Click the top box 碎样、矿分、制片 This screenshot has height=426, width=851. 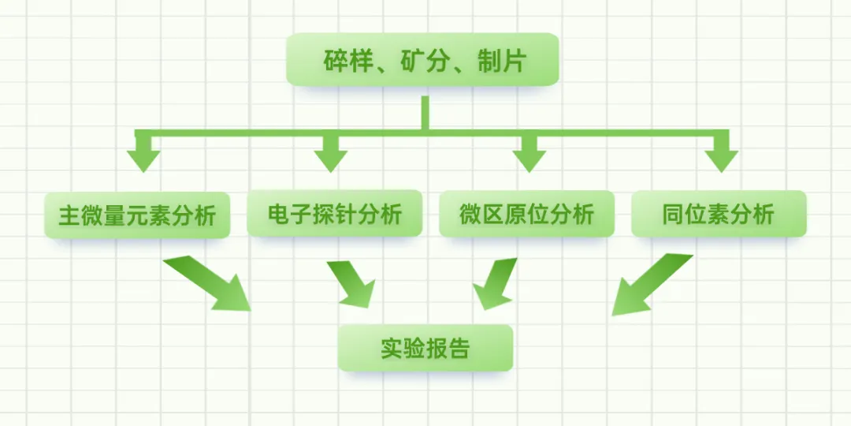pyautogui.click(x=422, y=60)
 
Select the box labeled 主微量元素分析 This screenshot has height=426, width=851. pyautogui.click(x=137, y=215)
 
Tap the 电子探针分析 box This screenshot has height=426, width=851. pyautogui.click(x=334, y=214)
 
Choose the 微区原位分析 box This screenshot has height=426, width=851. pyautogui.click(x=526, y=214)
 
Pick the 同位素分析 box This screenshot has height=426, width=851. pyautogui.click(x=719, y=214)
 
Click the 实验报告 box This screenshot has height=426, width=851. pyautogui.click(x=425, y=348)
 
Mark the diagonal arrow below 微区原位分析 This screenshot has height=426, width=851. pyautogui.click(x=493, y=283)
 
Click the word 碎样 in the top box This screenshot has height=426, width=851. pyautogui.click(x=344, y=61)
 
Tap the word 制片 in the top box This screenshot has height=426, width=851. pyautogui.click(x=500, y=61)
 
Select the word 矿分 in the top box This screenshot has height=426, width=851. pyautogui.click(x=422, y=61)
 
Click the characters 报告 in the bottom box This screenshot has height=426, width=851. pyautogui.click(x=447, y=348)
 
